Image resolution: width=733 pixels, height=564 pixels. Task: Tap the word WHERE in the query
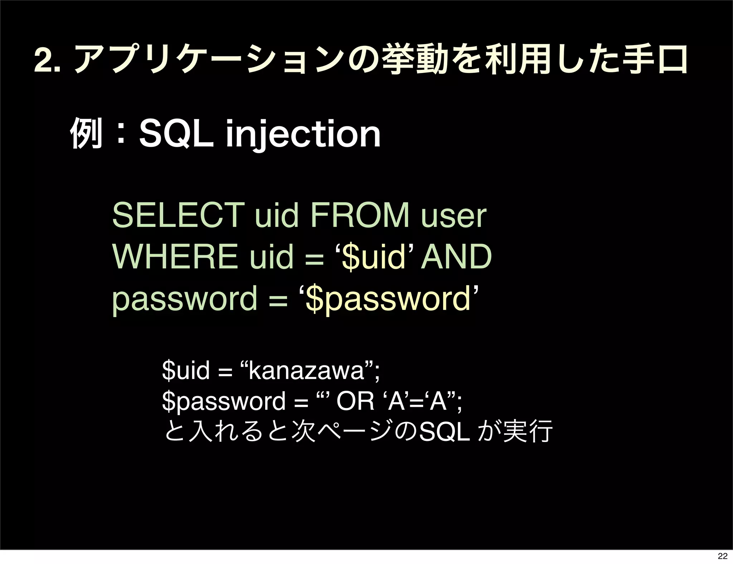175,257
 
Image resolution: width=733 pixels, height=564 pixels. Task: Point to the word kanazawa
306,371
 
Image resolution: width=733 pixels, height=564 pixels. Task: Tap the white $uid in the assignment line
186,371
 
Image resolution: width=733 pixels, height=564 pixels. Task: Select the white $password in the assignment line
224,402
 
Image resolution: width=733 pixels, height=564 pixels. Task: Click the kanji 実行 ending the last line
528,432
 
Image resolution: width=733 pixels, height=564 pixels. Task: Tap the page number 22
722,556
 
